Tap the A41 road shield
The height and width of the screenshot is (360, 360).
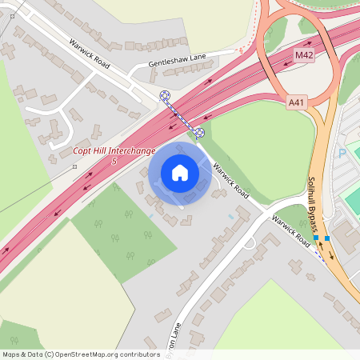coord(297,102)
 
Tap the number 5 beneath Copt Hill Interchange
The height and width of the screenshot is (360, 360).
coord(115,162)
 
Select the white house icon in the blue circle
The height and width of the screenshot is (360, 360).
coord(180,173)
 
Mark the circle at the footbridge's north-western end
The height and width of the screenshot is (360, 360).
coord(166,96)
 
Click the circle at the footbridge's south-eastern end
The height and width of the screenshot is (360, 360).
coord(199,132)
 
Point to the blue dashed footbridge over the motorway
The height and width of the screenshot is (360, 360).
coord(182,114)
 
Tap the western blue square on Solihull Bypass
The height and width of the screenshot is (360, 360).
coord(317,238)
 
